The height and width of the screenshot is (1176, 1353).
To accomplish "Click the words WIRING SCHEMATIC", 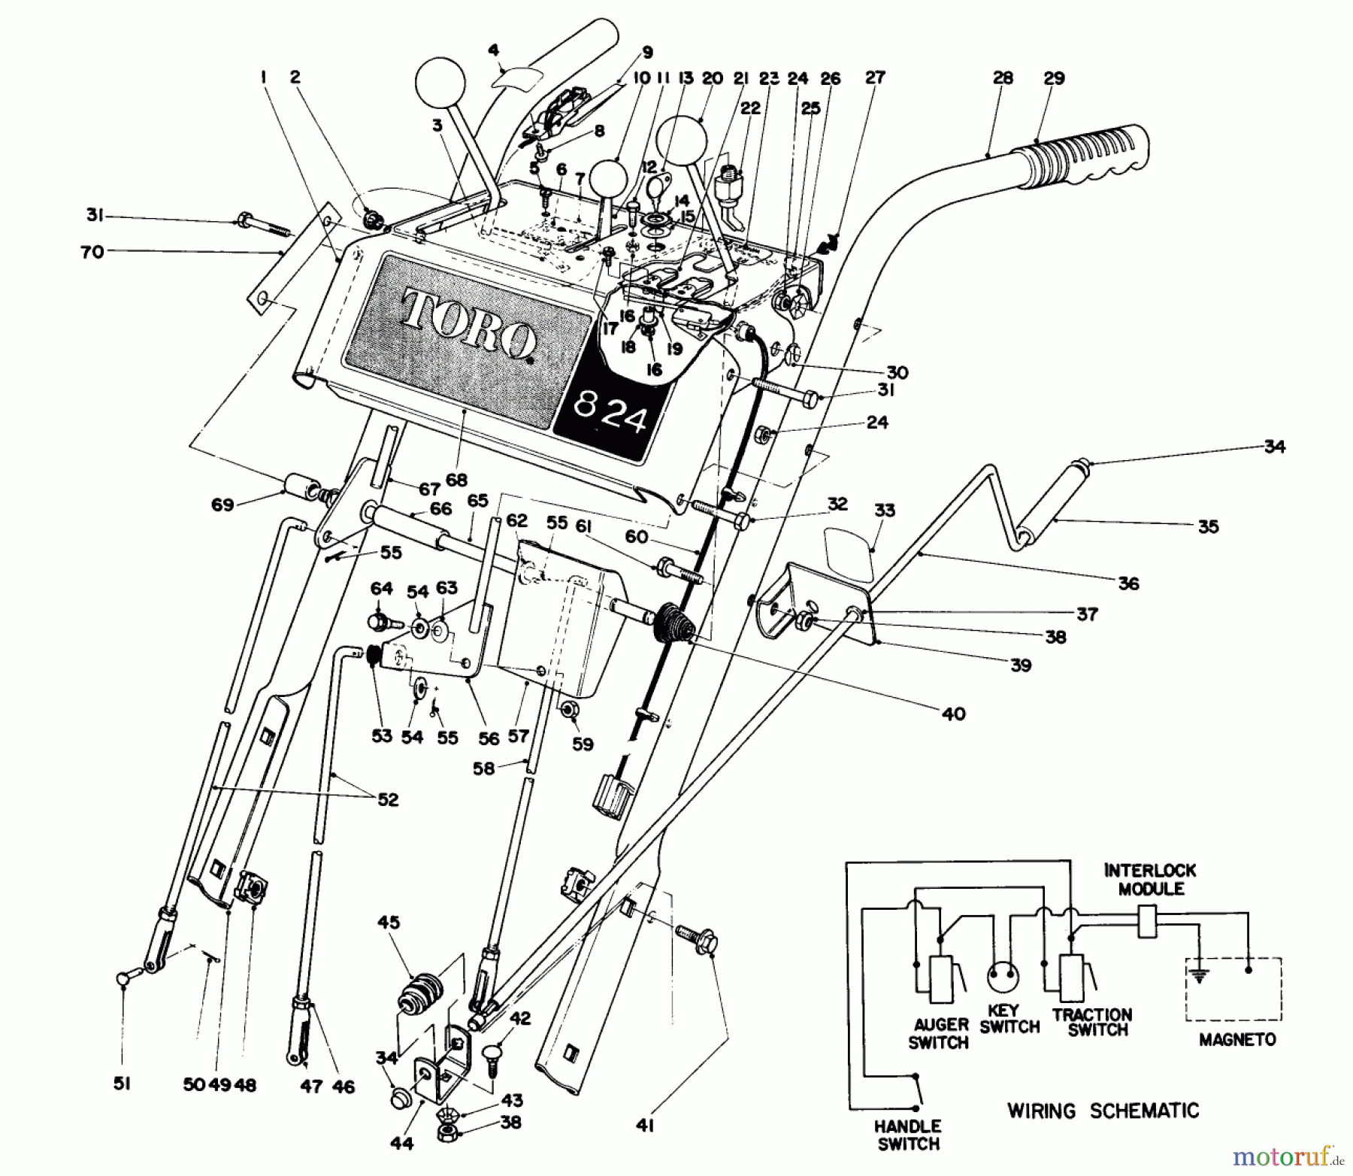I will [1103, 1110].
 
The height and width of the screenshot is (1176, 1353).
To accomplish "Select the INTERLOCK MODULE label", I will [1150, 879].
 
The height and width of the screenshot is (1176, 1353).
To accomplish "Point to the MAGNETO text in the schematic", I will [1236, 1040].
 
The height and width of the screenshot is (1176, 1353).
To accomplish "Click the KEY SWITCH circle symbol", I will [1008, 977].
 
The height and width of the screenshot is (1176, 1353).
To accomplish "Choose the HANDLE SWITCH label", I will [908, 1135].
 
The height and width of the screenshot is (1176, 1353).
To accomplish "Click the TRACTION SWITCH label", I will [1091, 1023].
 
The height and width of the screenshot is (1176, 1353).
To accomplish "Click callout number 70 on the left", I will [92, 253].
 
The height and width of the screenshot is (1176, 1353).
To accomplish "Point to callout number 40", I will [953, 713].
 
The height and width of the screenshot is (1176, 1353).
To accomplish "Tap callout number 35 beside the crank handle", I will [1207, 526].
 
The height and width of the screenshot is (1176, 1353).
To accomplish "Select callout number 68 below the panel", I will [456, 480].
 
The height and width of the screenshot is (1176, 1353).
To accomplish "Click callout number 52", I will [387, 799].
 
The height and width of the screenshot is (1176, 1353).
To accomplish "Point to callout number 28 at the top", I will [1003, 77].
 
